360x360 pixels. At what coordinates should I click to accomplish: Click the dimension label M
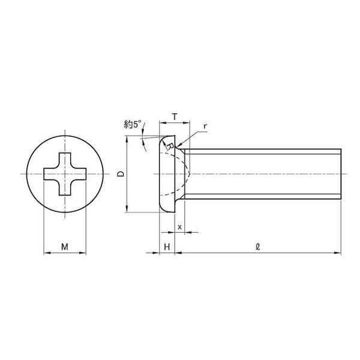(x=65, y=247)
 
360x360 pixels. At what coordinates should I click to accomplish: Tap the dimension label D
(x=121, y=174)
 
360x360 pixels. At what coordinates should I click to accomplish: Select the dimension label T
(x=175, y=117)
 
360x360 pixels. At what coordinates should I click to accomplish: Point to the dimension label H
(x=167, y=247)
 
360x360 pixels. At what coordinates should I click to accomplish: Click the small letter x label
(x=180, y=227)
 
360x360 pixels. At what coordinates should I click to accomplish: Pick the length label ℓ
(x=258, y=247)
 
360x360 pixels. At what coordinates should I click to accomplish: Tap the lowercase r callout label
(x=205, y=126)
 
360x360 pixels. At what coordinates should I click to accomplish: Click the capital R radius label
(x=170, y=146)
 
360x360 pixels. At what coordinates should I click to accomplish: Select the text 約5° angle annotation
(x=131, y=125)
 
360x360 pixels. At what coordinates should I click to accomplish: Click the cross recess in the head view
(x=65, y=174)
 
